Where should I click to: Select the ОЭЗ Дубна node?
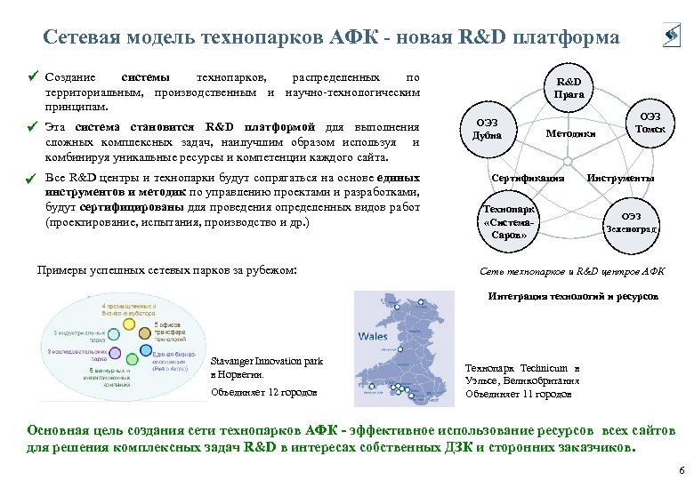(488, 130)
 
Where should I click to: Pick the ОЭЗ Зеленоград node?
(631, 222)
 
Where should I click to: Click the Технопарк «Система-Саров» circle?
(504, 222)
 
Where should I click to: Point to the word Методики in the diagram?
(570, 133)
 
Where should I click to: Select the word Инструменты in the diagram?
(620, 178)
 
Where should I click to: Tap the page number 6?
(681, 469)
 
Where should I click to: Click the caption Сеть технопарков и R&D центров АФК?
(572, 271)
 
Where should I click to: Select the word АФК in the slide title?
(355, 37)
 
